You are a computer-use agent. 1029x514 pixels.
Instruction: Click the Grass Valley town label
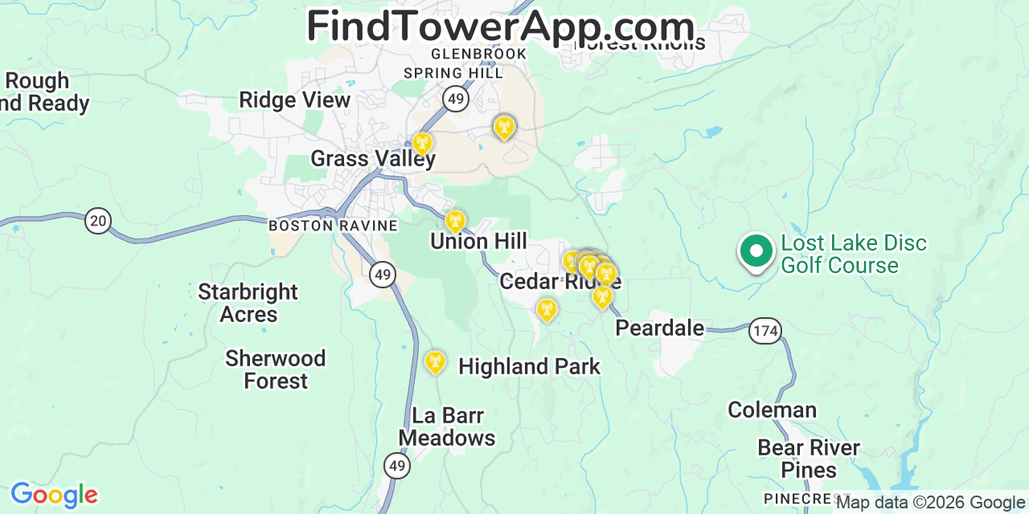tap(373, 158)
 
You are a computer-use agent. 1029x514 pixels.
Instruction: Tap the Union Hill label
tap(478, 241)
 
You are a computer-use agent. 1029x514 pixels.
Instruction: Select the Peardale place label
tap(659, 328)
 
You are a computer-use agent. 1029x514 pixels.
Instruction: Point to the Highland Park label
tap(529, 367)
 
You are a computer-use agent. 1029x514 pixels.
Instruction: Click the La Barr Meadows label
tap(447, 426)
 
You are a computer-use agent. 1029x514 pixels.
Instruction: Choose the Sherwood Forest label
tap(276, 369)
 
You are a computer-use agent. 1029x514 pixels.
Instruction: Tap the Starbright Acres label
tap(248, 303)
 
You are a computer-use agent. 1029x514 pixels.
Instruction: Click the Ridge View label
tap(294, 100)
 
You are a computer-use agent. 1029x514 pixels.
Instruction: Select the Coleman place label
tap(772, 410)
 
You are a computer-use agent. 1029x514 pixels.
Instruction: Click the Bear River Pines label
tap(809, 459)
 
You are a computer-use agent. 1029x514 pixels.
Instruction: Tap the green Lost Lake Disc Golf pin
tap(756, 251)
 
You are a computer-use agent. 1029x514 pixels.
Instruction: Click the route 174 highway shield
tap(765, 330)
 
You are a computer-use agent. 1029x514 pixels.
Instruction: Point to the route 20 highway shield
tap(98, 221)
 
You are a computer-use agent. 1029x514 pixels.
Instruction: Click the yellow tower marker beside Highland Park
tap(435, 362)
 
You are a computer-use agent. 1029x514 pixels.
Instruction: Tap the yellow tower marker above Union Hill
tap(456, 221)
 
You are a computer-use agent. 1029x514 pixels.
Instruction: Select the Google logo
tap(54, 496)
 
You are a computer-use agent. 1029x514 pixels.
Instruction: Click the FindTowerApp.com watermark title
tap(500, 27)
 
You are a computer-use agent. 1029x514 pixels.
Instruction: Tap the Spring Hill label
tap(453, 73)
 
